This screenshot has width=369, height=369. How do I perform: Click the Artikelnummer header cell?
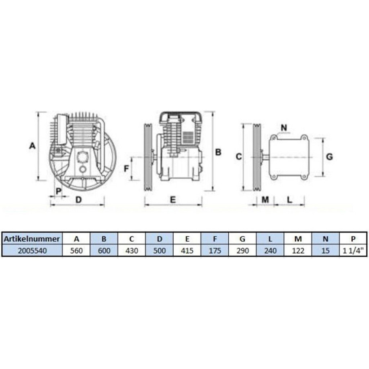[x=32, y=239]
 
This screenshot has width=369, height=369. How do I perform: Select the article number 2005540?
[x=33, y=251]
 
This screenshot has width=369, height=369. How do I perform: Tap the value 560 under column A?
[x=76, y=251]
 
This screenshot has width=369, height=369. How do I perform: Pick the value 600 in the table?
[x=104, y=251]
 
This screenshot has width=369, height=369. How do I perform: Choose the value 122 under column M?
[x=298, y=251]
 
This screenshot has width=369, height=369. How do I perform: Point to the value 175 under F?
[x=215, y=251]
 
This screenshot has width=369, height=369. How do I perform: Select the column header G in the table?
[x=242, y=239]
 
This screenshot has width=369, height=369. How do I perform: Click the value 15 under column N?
[x=326, y=251]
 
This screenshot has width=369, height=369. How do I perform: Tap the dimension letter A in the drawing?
[x=32, y=146]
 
